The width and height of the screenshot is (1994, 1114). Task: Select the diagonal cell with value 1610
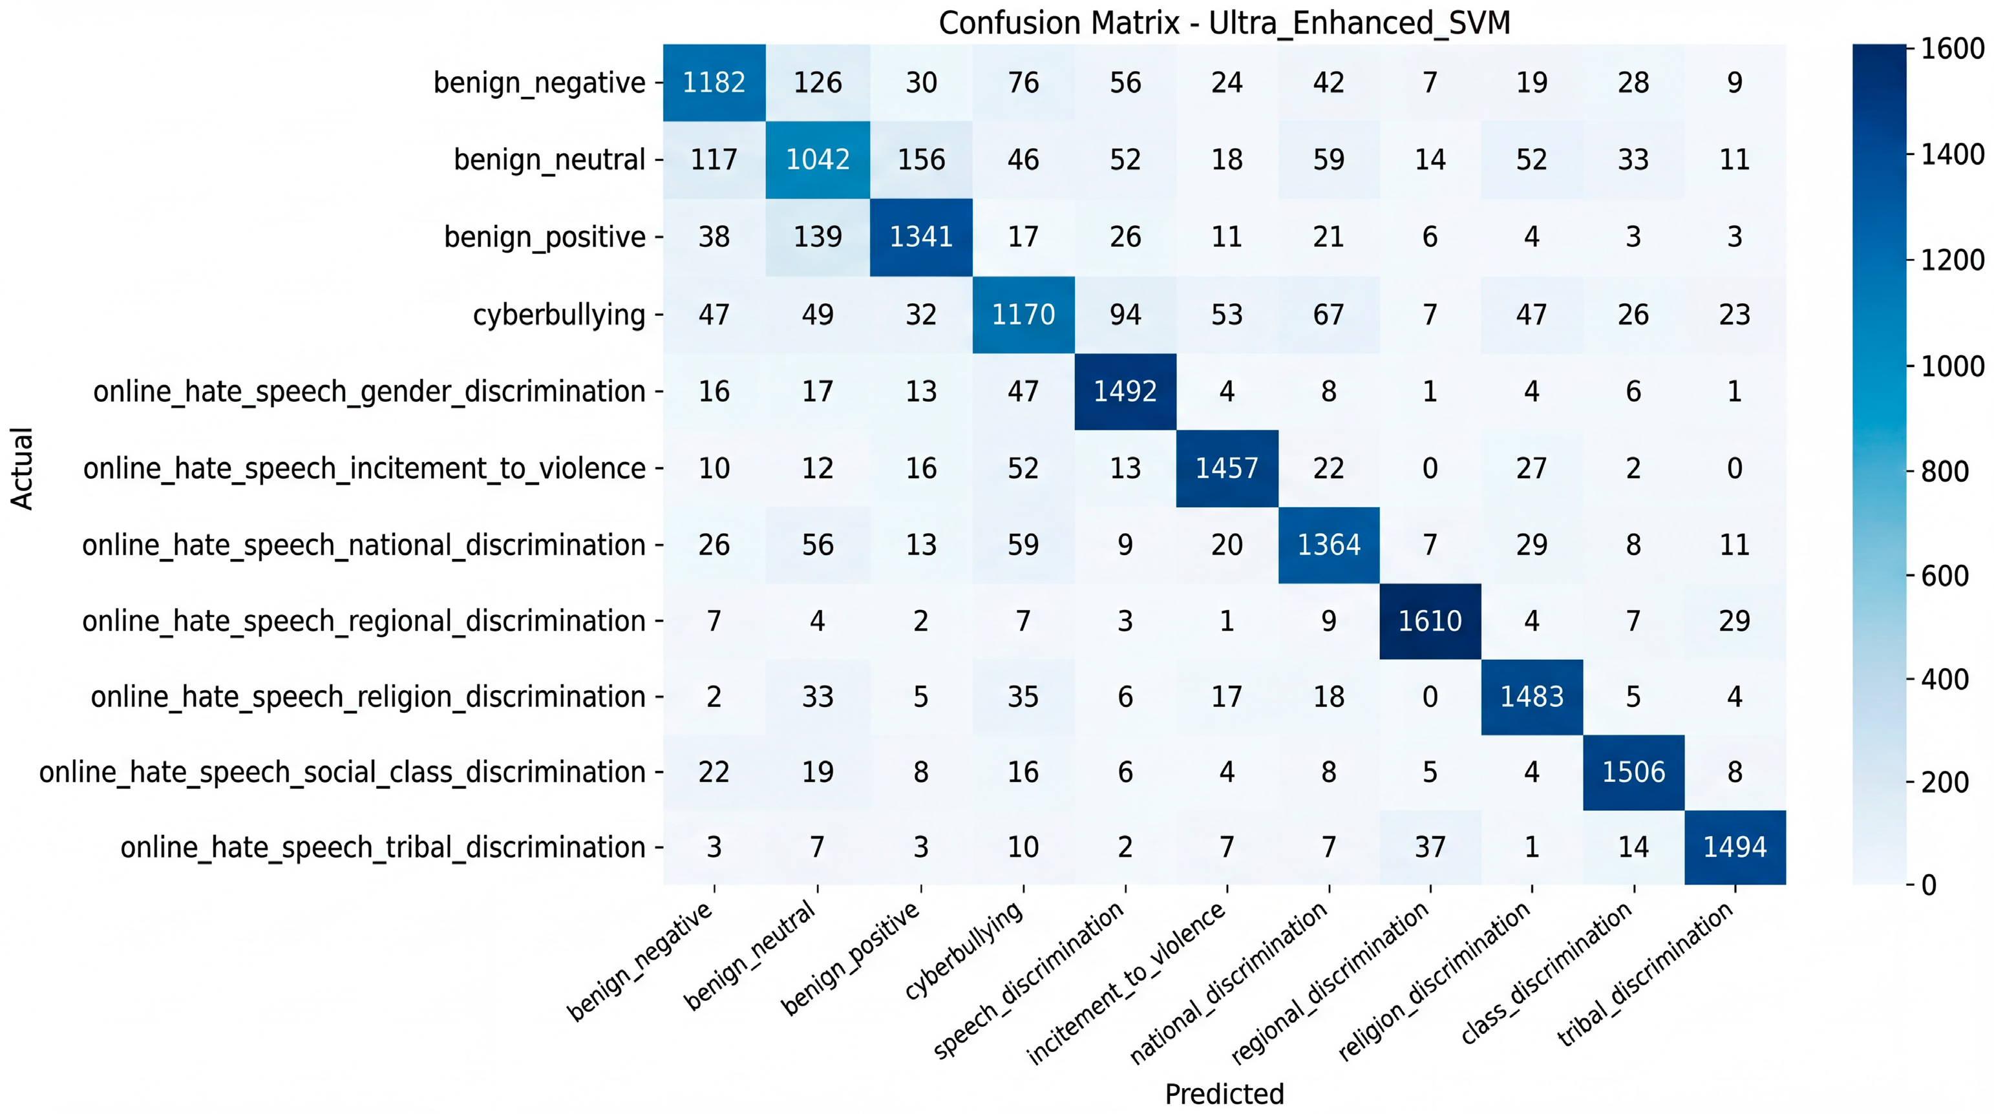click(x=1430, y=620)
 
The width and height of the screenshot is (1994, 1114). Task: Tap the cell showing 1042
click(x=818, y=160)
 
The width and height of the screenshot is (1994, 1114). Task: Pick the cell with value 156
click(x=920, y=160)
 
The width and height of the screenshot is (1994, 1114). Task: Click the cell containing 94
click(x=1125, y=314)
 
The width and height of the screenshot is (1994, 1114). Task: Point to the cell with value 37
click(x=1430, y=847)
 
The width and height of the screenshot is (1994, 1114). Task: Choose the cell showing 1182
click(x=714, y=82)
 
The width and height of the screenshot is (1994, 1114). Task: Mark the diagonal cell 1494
click(x=1735, y=847)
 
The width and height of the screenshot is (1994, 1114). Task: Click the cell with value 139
click(x=818, y=236)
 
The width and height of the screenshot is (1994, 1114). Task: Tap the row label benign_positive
click(x=544, y=236)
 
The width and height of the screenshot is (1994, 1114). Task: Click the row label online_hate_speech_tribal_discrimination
click(x=383, y=848)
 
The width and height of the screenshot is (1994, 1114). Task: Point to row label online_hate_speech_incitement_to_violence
click(x=364, y=468)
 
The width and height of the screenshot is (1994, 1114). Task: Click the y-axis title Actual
click(x=22, y=468)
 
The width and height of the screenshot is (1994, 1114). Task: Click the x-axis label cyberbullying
click(x=964, y=952)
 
